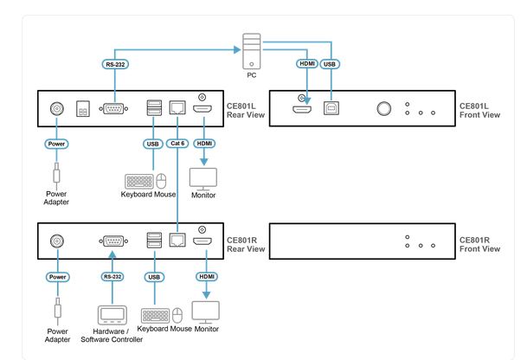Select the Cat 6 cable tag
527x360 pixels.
pyautogui.click(x=177, y=144)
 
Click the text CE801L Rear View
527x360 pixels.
pyautogui.click(x=247, y=109)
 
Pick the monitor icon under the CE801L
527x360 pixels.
pyautogui.click(x=202, y=177)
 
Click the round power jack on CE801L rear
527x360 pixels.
pyautogui.click(x=57, y=110)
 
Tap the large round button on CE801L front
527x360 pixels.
pyautogui.click(x=382, y=110)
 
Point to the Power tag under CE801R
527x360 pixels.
pyautogui.click(x=57, y=278)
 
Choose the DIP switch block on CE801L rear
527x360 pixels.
pyautogui.click(x=83, y=111)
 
